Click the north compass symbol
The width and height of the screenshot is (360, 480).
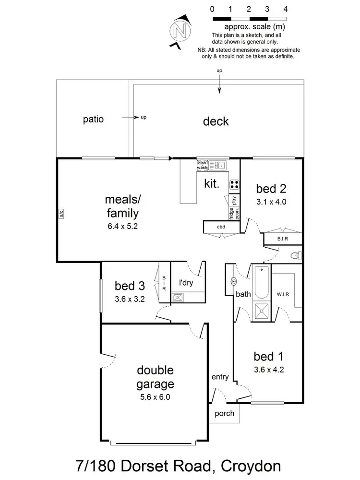tap(180, 32)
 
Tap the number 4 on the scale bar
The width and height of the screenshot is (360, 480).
tap(286, 9)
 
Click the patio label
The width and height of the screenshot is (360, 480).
tap(93, 119)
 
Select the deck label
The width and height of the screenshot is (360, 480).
tap(216, 121)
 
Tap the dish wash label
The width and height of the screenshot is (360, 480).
tap(202, 165)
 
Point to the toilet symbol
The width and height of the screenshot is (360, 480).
tap(296, 255)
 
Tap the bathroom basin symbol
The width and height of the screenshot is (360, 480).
tap(234, 281)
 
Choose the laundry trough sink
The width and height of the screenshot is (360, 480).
tap(178, 298)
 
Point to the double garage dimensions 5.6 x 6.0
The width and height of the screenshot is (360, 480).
tap(155, 397)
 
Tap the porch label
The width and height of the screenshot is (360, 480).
tap(224, 413)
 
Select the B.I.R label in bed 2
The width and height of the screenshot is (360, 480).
tap(282, 239)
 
